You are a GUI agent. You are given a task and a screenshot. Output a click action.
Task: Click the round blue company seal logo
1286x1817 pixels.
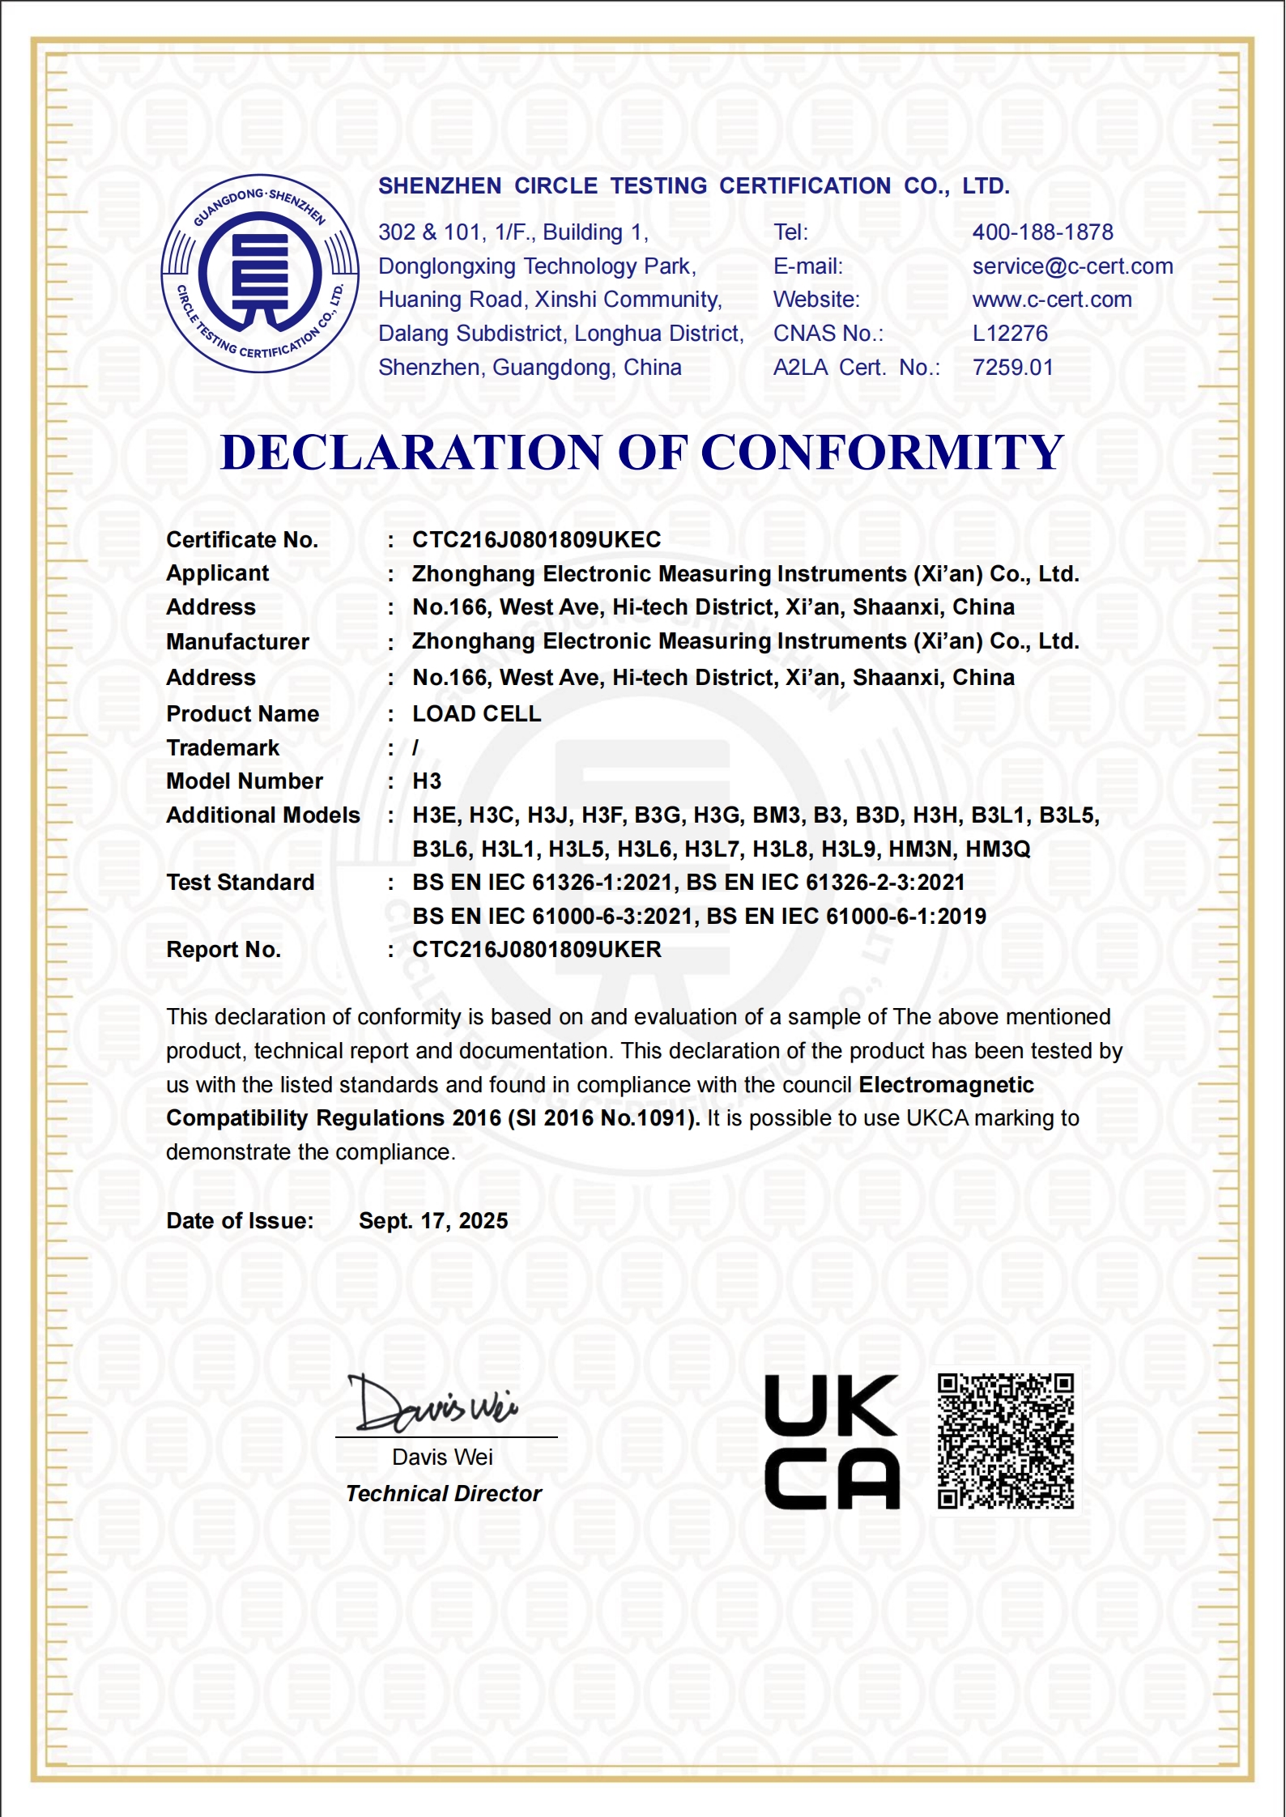260,274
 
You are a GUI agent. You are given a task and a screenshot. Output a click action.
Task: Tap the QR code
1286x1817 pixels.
1005,1440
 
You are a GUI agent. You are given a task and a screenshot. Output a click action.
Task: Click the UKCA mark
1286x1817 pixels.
832,1441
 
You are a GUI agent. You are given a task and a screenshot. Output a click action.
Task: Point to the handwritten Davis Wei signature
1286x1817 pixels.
434,1405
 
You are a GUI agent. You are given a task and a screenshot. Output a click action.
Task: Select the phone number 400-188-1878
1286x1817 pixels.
1042,232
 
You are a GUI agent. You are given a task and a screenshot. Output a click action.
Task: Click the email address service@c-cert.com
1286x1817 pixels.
1072,266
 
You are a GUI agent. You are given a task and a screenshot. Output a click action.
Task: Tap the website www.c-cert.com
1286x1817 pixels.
1052,300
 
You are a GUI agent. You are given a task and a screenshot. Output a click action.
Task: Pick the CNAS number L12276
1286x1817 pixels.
1010,334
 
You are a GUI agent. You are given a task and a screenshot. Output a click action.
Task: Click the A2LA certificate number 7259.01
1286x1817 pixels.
1012,368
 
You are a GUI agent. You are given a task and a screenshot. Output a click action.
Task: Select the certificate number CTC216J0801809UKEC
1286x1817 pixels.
536,540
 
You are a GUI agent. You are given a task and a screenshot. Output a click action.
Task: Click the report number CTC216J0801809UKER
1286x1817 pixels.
536,950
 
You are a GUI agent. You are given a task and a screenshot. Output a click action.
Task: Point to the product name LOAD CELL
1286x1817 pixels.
476,714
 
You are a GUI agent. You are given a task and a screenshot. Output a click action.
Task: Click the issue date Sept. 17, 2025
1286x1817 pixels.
433,1221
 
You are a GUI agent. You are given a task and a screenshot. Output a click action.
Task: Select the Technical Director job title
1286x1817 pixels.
443,1494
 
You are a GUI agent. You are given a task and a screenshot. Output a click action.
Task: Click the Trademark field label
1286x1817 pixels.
223,748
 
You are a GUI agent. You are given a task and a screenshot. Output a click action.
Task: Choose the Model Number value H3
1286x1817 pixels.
427,781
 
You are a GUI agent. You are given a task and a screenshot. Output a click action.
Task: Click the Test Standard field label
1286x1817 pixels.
240,883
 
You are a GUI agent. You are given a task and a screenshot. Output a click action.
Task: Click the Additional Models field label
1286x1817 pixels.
262,815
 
